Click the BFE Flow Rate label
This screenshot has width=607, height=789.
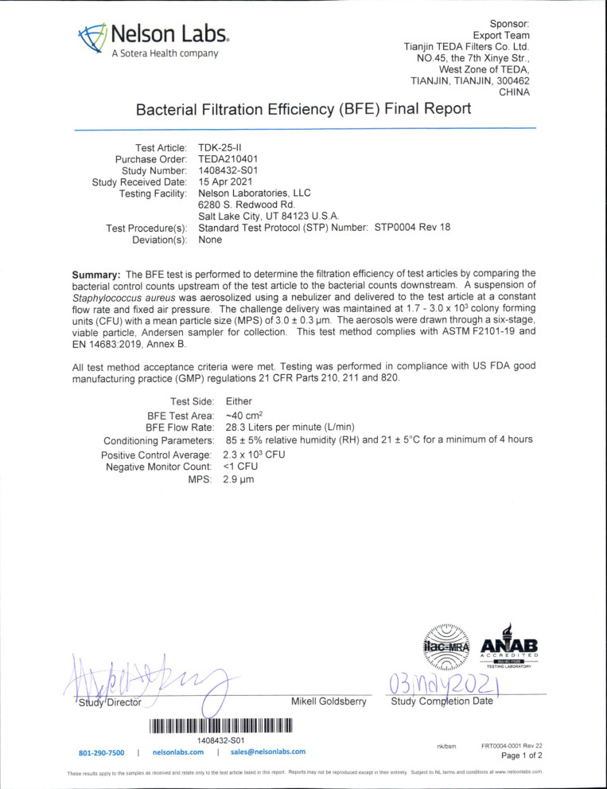[180, 428]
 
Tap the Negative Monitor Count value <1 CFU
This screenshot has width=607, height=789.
[247, 466]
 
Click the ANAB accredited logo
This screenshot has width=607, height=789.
[510, 646]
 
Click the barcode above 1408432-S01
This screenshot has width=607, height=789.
[220, 725]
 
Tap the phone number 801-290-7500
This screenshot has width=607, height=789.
[101, 751]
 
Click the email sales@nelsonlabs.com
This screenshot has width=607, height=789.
[268, 751]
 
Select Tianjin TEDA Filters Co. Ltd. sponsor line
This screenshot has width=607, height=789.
[467, 46]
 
